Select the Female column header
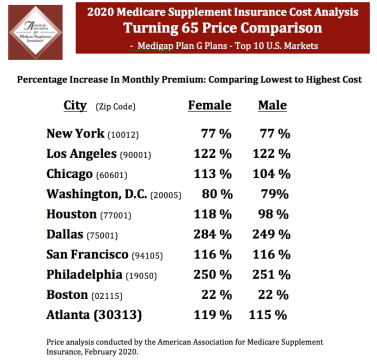pyautogui.click(x=212, y=105)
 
